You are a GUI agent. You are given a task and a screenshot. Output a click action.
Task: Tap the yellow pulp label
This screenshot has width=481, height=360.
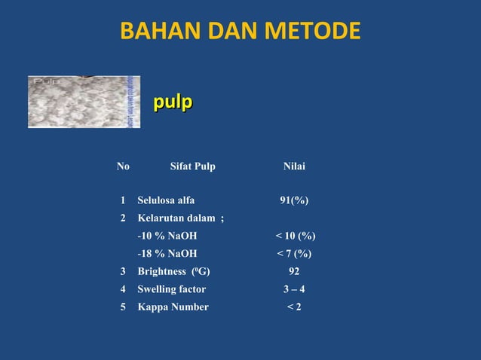pyautogui.click(x=173, y=102)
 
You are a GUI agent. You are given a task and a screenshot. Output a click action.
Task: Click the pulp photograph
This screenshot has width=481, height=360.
pyautogui.click(x=83, y=102)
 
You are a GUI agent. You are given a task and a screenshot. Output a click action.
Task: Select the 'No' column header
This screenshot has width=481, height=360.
pyautogui.click(x=123, y=166)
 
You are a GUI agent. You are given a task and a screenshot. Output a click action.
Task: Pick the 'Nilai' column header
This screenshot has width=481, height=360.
pyautogui.click(x=294, y=166)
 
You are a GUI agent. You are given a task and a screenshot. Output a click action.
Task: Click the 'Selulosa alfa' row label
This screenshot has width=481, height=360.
pyautogui.click(x=166, y=200)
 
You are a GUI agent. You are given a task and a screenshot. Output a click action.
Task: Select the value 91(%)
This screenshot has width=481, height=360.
pyautogui.click(x=294, y=200)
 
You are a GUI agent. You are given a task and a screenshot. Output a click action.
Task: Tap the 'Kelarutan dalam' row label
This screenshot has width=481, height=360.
pyautogui.click(x=180, y=218)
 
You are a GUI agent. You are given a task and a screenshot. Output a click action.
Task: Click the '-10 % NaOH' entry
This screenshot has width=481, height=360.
pyautogui.click(x=167, y=236)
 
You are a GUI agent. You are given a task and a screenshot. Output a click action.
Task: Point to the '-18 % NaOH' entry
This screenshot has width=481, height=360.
pyautogui.click(x=167, y=254)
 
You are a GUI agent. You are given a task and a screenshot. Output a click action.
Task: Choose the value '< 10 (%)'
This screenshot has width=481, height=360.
pyautogui.click(x=295, y=236)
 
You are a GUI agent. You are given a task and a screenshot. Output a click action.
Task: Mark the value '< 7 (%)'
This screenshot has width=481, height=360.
pyautogui.click(x=294, y=254)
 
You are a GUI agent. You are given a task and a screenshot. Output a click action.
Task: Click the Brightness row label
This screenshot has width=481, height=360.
pyautogui.click(x=173, y=271)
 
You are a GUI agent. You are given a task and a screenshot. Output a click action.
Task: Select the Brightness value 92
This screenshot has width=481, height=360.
pyautogui.click(x=294, y=271)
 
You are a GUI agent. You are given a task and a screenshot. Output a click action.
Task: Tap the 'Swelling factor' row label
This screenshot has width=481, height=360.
pyautogui.click(x=171, y=289)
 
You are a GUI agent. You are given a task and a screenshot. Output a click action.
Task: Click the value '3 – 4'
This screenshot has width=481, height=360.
pyautogui.click(x=294, y=289)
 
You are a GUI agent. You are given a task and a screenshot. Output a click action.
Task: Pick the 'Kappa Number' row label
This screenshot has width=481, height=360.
pyautogui.click(x=173, y=307)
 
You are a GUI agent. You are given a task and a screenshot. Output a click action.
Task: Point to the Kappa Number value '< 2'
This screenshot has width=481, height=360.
pyautogui.click(x=294, y=307)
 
